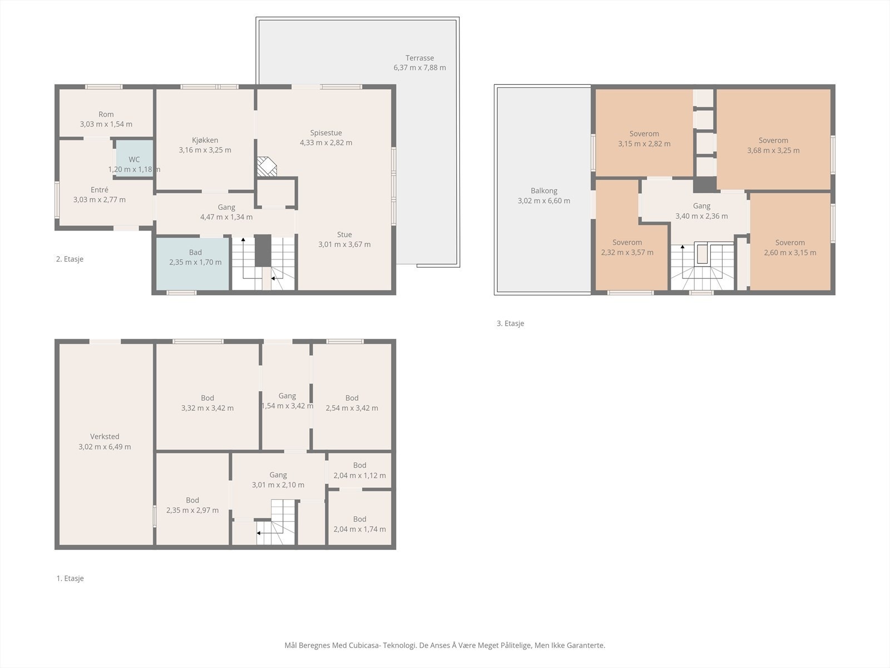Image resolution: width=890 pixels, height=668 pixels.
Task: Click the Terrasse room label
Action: click(419, 58)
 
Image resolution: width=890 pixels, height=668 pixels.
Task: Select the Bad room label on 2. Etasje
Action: click(195, 252)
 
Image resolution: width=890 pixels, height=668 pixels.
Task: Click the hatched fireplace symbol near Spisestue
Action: click(267, 166)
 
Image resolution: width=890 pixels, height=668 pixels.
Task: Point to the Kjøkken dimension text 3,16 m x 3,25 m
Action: click(205, 150)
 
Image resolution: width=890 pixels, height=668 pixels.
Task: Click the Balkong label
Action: click(543, 190)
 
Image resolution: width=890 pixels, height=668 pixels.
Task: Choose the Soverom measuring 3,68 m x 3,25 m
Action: click(773, 139)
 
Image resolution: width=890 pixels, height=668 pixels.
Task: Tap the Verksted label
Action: click(105, 436)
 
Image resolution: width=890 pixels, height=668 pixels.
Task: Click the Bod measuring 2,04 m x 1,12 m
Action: click(360, 470)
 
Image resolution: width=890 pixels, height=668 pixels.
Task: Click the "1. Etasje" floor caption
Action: click(70, 578)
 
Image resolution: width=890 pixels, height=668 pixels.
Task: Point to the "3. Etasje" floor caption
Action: click(511, 323)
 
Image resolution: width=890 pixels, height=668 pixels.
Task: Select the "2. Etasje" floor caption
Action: click(70, 259)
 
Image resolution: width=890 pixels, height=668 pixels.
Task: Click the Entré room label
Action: click(100, 189)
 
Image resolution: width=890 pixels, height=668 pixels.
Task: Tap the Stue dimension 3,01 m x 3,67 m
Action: click(344, 244)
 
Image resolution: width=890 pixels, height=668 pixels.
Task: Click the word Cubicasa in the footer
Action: click(365, 645)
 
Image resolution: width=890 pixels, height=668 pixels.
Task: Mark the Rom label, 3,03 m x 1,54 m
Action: click(106, 114)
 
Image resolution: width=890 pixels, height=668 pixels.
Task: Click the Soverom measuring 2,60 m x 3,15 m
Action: click(790, 242)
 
